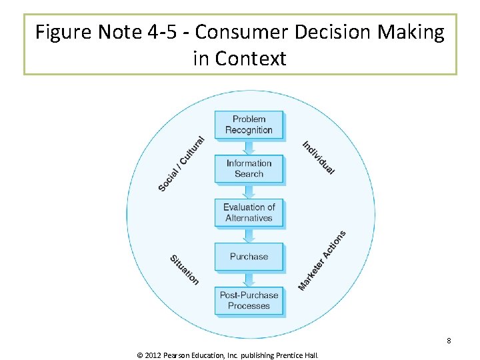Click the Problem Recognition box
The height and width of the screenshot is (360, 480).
249,125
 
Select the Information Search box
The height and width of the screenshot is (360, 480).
249,169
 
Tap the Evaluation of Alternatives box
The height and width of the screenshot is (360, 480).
249,213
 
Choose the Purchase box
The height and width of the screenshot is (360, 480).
249,257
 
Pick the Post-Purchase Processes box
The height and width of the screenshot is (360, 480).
249,301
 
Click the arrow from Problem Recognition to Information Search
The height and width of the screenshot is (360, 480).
249,147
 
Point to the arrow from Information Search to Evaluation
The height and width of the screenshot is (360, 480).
249,191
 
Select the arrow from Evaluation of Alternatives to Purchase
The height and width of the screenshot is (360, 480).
249,235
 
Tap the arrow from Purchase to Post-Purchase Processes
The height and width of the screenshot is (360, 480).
249,279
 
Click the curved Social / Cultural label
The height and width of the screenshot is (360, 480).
181,163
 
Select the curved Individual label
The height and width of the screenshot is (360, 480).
318,158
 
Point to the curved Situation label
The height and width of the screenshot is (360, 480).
184,270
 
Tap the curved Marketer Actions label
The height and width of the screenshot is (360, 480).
321,261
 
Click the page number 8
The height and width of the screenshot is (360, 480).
449,341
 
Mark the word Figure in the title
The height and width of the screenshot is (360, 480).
59,32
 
